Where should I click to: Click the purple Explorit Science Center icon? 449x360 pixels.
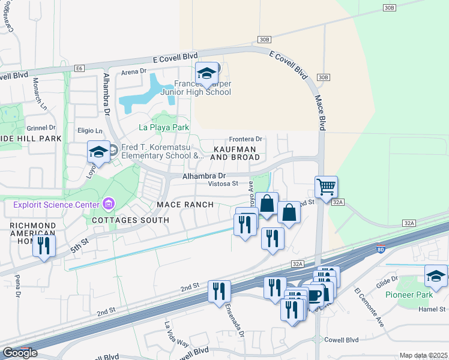[109, 205]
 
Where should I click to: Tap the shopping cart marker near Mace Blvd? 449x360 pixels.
[326, 187]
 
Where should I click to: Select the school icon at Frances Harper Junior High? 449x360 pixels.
[208, 74]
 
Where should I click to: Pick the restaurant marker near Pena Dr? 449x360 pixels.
[44, 245]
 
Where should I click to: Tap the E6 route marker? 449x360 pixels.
[79, 69]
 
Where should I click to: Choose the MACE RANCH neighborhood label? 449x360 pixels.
[185, 205]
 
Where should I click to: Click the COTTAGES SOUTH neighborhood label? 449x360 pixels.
[130, 220]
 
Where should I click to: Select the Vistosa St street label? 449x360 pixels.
[223, 184]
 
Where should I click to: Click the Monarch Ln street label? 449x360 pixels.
[44, 90]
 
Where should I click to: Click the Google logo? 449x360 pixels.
[20, 353]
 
